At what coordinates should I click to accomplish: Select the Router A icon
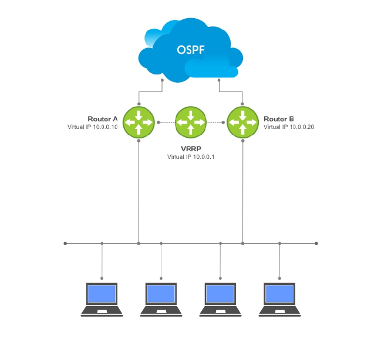(x=139, y=122)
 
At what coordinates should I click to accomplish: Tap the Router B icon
(x=242, y=122)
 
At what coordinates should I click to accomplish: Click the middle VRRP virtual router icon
(x=191, y=122)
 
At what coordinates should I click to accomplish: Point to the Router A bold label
(x=103, y=118)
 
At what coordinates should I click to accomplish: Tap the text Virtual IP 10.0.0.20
(x=289, y=127)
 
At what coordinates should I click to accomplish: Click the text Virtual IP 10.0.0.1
(x=191, y=157)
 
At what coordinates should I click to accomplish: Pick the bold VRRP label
(x=191, y=149)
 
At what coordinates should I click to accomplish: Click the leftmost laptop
(x=102, y=299)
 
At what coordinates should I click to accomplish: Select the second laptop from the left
(x=161, y=299)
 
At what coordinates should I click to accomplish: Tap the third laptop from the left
(x=220, y=299)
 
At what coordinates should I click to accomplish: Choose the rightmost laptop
(x=279, y=299)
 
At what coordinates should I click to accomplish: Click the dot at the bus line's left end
(x=65, y=243)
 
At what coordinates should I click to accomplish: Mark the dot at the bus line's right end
(x=316, y=243)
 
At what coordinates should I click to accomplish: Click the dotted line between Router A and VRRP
(x=167, y=122)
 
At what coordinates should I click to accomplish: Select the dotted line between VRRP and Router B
(x=215, y=122)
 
